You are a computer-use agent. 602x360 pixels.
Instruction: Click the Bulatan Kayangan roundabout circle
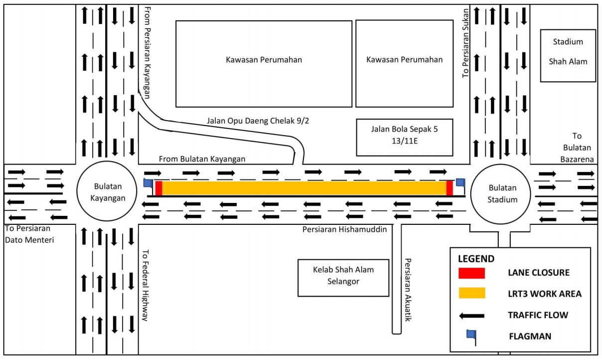point(107,192)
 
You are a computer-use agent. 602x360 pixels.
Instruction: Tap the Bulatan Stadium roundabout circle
point(502,194)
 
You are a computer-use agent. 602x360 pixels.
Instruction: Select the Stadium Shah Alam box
point(568,55)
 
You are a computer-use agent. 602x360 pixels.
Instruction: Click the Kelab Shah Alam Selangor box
point(343,277)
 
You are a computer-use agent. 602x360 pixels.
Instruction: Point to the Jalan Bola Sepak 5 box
point(404,137)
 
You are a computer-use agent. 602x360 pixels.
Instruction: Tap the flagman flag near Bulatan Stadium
point(460,182)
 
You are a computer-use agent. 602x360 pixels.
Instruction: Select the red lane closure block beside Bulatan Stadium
point(450,188)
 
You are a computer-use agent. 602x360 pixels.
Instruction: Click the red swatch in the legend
point(471,273)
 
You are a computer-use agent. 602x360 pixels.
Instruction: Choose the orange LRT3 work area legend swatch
point(471,293)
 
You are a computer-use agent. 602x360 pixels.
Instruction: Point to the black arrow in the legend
point(471,315)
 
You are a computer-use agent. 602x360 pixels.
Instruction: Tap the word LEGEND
point(476,259)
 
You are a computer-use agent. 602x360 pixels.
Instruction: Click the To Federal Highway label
point(145,285)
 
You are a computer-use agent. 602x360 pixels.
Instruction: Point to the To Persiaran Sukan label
point(466,42)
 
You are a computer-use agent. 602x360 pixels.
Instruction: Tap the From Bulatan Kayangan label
point(202,159)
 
